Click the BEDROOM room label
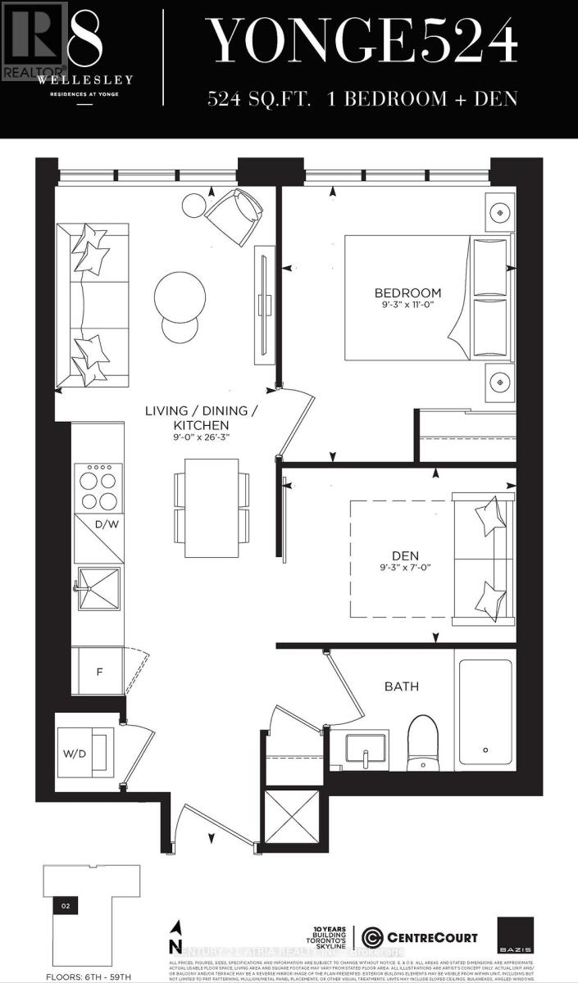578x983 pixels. [407, 292]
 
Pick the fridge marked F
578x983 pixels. [98, 672]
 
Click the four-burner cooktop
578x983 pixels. [97, 488]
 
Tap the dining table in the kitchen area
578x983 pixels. [211, 503]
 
